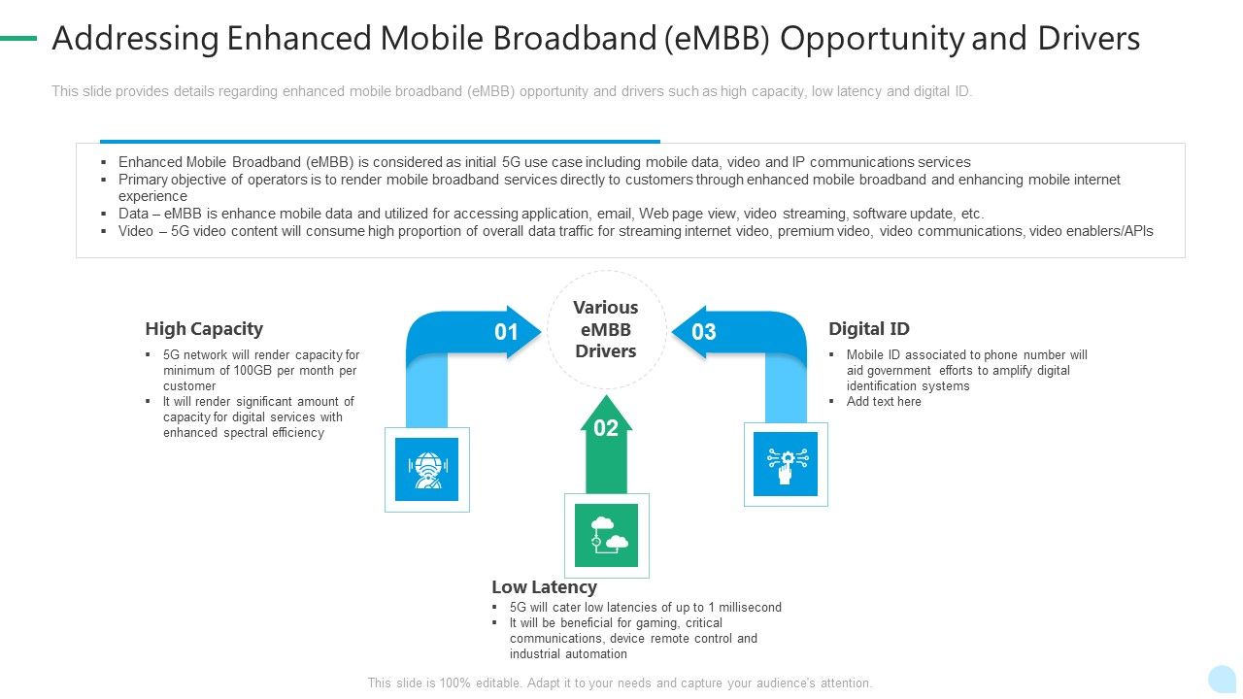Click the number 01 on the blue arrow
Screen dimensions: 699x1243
click(506, 332)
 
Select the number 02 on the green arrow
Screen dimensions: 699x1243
click(606, 428)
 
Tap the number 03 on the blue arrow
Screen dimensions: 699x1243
click(704, 332)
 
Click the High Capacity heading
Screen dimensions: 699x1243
click(204, 329)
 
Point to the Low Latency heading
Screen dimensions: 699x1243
click(544, 587)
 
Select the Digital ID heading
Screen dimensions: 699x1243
click(868, 329)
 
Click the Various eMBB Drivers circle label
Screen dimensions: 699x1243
click(606, 329)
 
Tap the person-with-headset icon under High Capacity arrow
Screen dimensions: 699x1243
click(426, 469)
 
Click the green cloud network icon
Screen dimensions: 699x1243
click(606, 535)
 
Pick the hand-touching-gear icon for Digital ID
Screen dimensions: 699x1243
click(786, 464)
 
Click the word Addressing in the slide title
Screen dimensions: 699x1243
click(134, 39)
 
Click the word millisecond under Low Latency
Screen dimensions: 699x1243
click(745, 608)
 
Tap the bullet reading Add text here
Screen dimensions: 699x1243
click(884, 402)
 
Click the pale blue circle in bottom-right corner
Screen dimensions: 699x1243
click(1222, 679)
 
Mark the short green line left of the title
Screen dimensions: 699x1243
click(17, 39)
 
